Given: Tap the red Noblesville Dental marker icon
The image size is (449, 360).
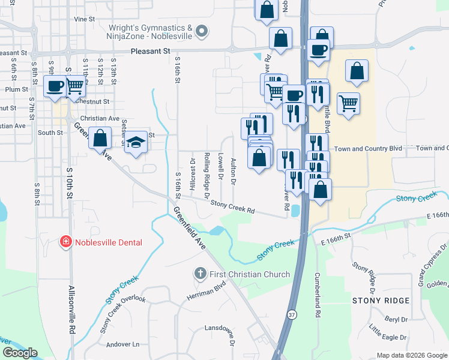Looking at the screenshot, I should (65, 242).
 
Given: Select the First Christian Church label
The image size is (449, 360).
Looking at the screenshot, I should (249, 274).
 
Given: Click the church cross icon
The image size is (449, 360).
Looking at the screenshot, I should (200, 274).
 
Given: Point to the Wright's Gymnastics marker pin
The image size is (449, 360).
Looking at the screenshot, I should (202, 30).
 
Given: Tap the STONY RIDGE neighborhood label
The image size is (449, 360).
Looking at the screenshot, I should (381, 300).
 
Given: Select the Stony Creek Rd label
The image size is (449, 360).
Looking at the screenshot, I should (233, 208).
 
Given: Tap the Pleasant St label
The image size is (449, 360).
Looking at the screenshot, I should (150, 52).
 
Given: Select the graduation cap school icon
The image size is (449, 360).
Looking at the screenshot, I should (136, 143).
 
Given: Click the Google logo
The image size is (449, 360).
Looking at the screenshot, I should (20, 353).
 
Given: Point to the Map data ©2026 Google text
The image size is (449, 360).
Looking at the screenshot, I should (412, 355).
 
